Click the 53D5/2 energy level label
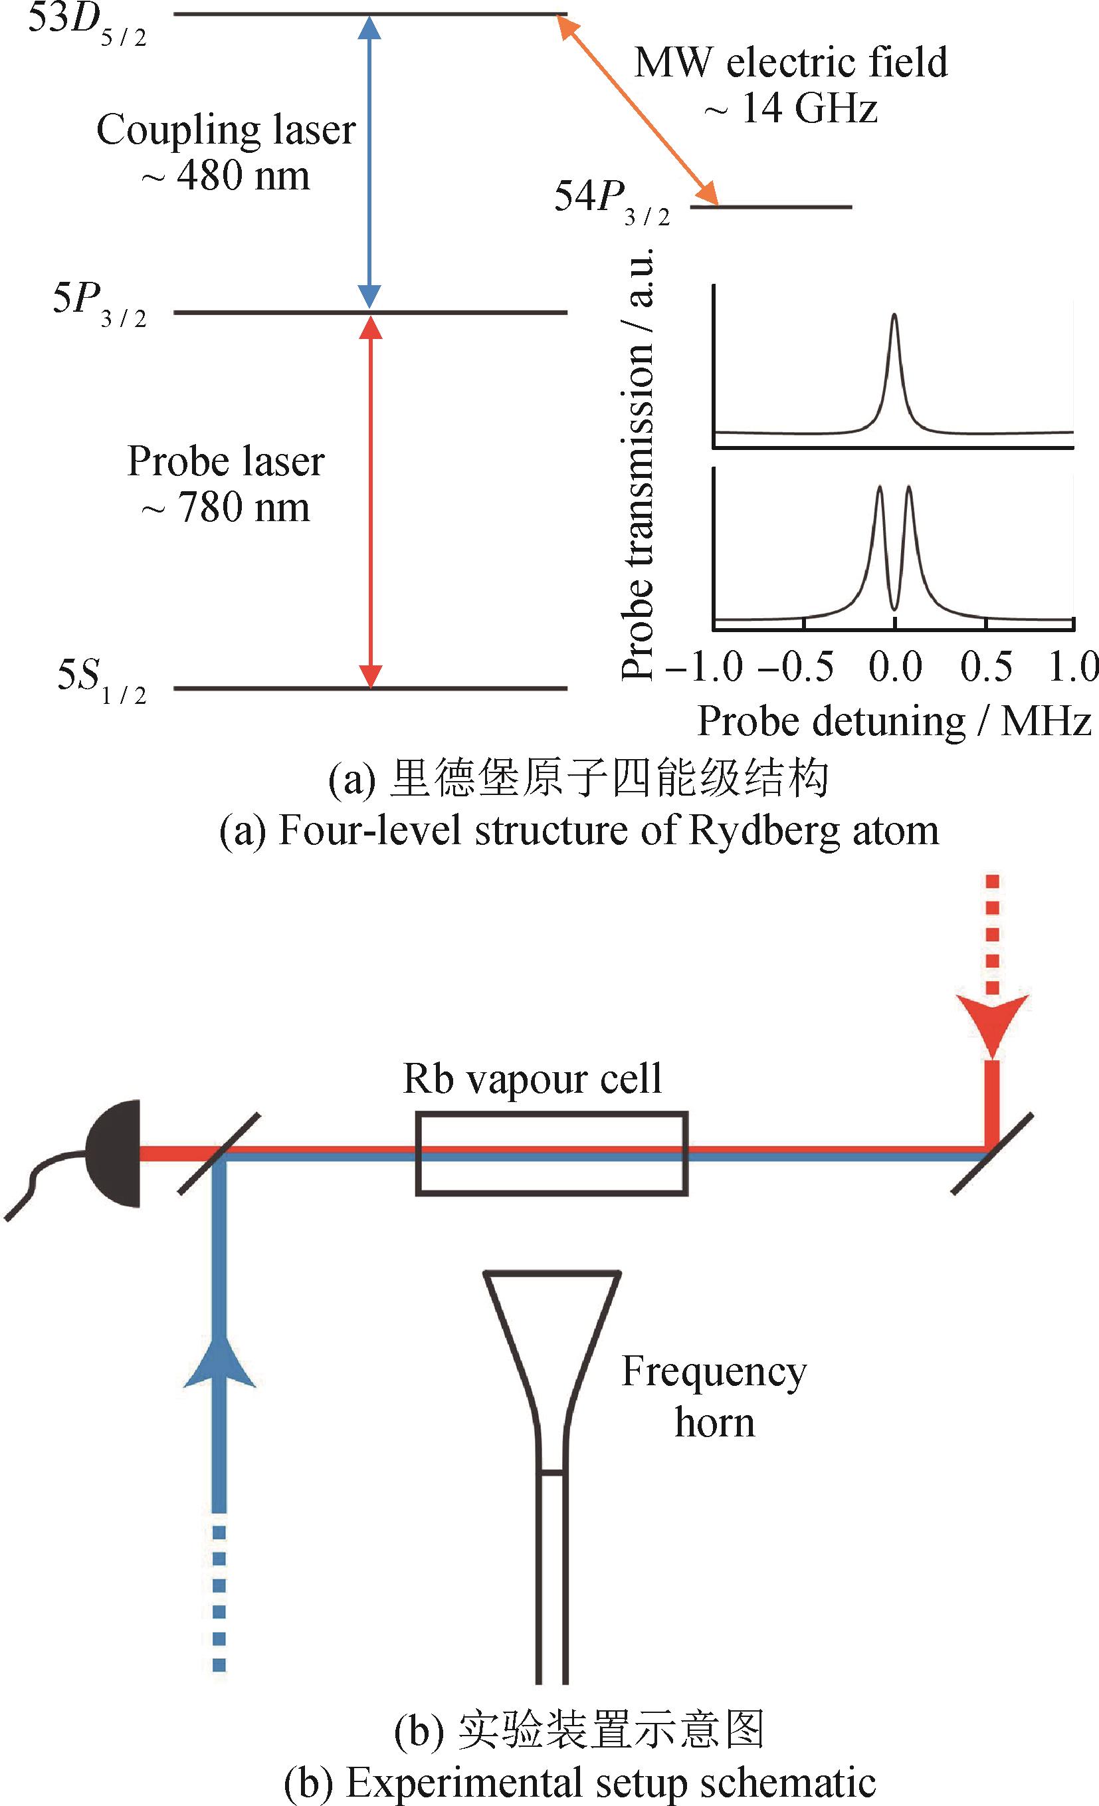click(x=86, y=25)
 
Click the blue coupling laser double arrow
click(x=371, y=162)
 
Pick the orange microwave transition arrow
click(x=636, y=110)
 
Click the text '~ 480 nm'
click(x=226, y=176)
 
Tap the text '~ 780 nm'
click(x=226, y=507)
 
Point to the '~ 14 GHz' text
click(x=791, y=109)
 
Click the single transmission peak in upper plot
click(x=894, y=322)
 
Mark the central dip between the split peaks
click(x=894, y=605)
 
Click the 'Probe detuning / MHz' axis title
click(x=894, y=722)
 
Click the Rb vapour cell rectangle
click(x=551, y=1154)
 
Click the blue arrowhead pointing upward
click(x=219, y=1365)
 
